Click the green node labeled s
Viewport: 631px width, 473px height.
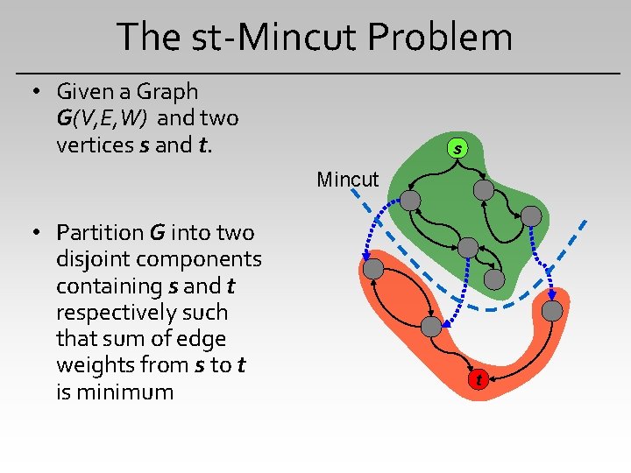tap(457, 149)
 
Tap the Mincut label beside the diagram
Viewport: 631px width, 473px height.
tap(348, 180)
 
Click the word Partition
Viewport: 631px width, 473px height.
tap(100, 233)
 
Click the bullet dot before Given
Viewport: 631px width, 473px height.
tap(36, 92)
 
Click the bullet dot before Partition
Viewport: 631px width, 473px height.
tap(36, 233)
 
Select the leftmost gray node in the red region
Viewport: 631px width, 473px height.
tap(373, 269)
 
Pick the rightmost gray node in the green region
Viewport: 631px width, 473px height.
tap(531, 216)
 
